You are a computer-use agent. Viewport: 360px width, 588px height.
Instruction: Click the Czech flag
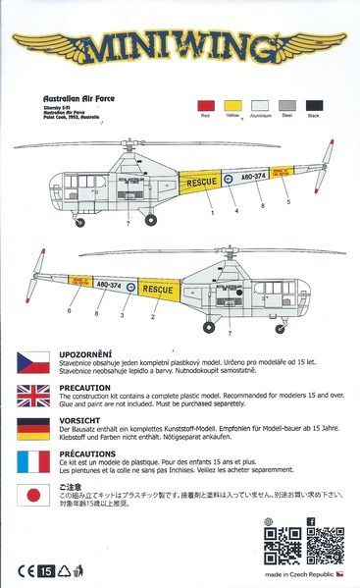click(34, 361)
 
